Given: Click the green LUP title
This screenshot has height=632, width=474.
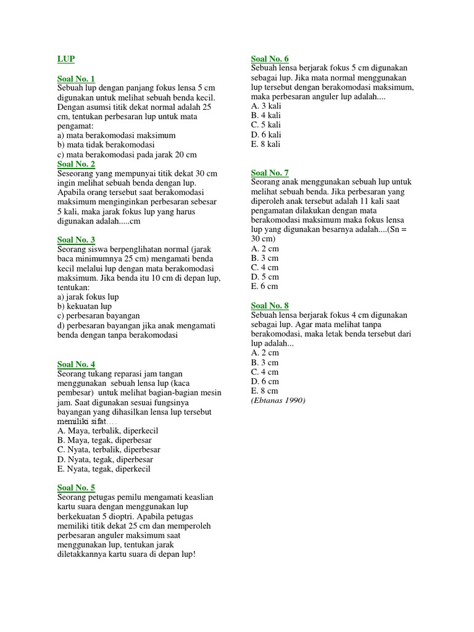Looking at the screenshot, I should coord(66,59).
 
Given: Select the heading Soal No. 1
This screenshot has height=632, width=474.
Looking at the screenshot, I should coord(76,79).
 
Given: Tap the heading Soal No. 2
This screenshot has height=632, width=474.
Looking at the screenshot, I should coord(76,164).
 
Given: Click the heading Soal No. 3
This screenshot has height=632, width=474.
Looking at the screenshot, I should coord(76,239).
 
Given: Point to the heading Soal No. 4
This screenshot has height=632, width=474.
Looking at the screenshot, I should coord(76,364).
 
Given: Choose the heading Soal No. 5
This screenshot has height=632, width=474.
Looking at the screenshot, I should coord(76,488).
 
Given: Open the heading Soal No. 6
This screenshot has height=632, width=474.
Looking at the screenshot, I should coord(270,59).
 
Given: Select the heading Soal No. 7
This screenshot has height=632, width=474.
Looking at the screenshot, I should coord(270,173).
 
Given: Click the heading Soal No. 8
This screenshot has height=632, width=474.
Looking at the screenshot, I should coord(270,306).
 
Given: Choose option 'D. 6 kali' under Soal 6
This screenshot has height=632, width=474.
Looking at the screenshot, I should coord(266,135).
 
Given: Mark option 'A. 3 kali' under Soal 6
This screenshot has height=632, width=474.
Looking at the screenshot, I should coord(266,106).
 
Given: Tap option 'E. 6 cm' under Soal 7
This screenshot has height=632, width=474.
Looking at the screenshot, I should coord(265,286).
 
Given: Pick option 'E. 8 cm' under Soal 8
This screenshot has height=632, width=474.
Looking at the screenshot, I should coord(265,391).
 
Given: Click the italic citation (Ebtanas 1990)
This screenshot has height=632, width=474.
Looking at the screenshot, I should coord(278,400).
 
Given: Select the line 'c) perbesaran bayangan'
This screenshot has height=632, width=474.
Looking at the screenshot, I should coord(98,315).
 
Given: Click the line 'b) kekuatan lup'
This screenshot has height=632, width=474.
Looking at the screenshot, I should coord(85,306).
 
